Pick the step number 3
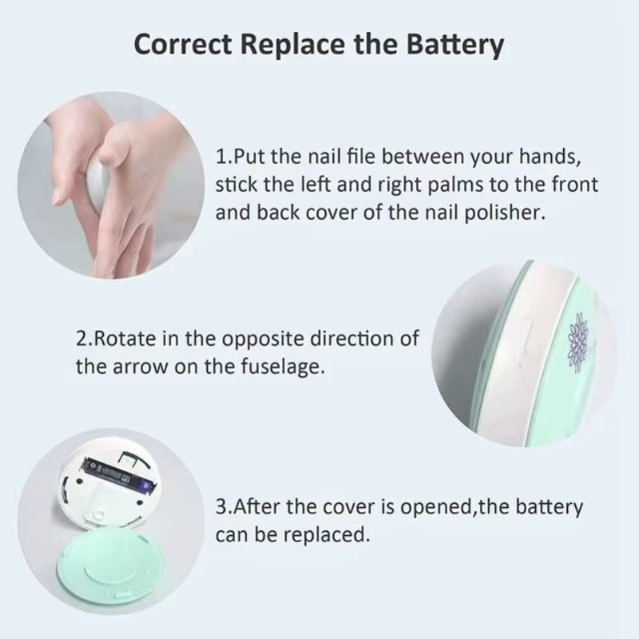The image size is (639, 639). tap(221, 506)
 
